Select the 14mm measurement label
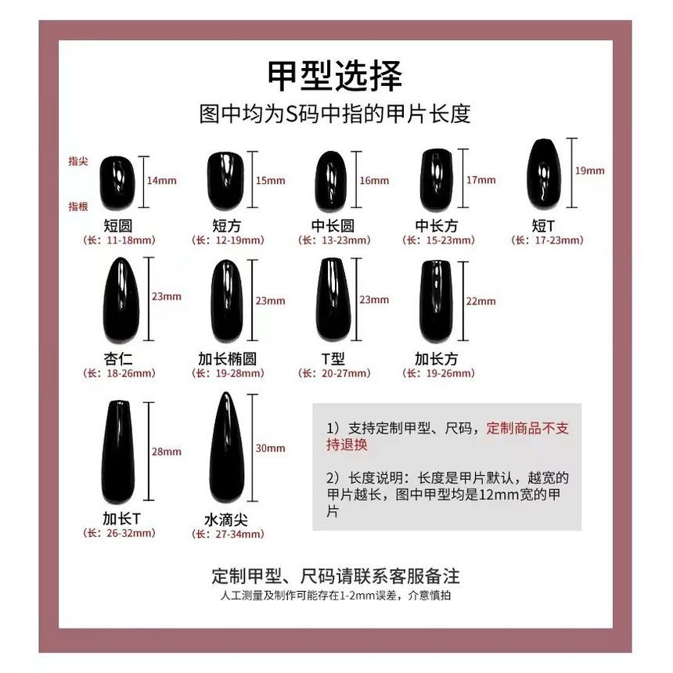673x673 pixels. click(x=162, y=181)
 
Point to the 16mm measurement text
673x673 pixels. click(x=374, y=181)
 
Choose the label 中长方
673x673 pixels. click(x=437, y=226)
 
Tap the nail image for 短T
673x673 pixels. click(x=543, y=175)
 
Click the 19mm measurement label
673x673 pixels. click(x=590, y=170)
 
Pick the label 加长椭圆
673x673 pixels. click(x=227, y=359)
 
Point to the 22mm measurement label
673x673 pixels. click(x=480, y=301)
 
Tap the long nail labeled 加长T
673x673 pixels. click(x=118, y=452)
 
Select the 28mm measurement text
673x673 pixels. click(x=167, y=452)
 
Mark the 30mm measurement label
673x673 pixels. click(x=271, y=448)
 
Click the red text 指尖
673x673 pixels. click(x=78, y=160)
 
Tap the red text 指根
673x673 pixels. click(x=78, y=206)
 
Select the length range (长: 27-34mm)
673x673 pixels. click(x=228, y=534)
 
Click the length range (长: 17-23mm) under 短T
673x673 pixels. click(x=547, y=240)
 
